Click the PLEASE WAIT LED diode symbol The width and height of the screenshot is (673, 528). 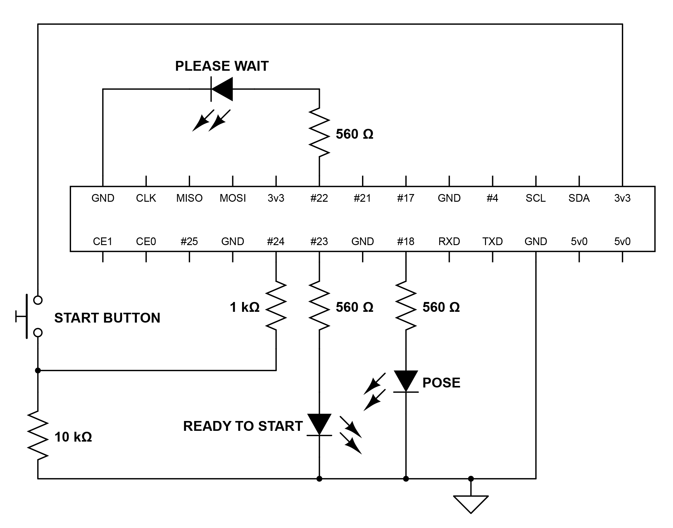pyautogui.click(x=222, y=89)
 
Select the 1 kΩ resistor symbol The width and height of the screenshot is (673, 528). pyautogui.click(x=276, y=305)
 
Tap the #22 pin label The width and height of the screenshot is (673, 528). pyautogui.click(x=319, y=198)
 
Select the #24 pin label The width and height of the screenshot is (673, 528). pyautogui.click(x=276, y=241)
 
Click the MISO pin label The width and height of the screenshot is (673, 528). pyautogui.click(x=189, y=198)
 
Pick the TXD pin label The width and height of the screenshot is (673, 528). pyautogui.click(x=492, y=241)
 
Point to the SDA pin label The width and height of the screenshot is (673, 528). pyautogui.click(x=579, y=198)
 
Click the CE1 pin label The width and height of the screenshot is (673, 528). pyautogui.click(x=103, y=241)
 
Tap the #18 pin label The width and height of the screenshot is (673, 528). pyautogui.click(x=406, y=241)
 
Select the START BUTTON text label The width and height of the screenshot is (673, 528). pyautogui.click(x=107, y=318)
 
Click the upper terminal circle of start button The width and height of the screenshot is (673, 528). pyautogui.click(x=38, y=300)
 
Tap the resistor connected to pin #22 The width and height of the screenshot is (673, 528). pyautogui.click(x=319, y=132)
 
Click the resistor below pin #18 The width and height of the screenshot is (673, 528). pyautogui.click(x=406, y=305)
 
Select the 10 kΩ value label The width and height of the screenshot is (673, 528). pyautogui.click(x=73, y=437)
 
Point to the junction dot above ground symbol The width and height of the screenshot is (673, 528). pyautogui.click(x=471, y=479)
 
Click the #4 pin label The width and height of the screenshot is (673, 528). pyautogui.click(x=492, y=198)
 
